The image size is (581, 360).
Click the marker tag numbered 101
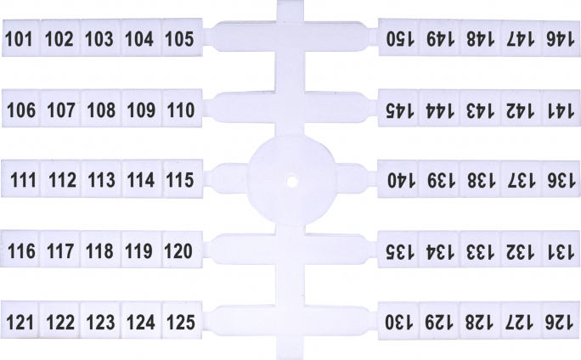coord(20,37)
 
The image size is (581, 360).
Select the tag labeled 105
coord(183,37)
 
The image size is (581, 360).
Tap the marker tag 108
coord(101,109)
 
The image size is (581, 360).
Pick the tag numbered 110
coord(183,109)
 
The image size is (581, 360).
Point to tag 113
coord(101,179)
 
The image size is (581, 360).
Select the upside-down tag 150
coord(398,37)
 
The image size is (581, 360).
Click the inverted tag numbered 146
coord(561,38)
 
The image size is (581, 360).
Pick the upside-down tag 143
coord(480,109)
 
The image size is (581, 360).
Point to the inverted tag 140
coord(398,179)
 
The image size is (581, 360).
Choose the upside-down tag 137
coord(520,179)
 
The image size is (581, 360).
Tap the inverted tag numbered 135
coord(398,250)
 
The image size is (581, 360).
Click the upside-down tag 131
coord(561,250)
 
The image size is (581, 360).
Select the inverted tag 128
coord(479,321)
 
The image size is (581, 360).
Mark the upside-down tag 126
coord(561,321)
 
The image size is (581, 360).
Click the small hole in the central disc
coord(292,182)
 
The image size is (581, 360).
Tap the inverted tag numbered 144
coord(439,109)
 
